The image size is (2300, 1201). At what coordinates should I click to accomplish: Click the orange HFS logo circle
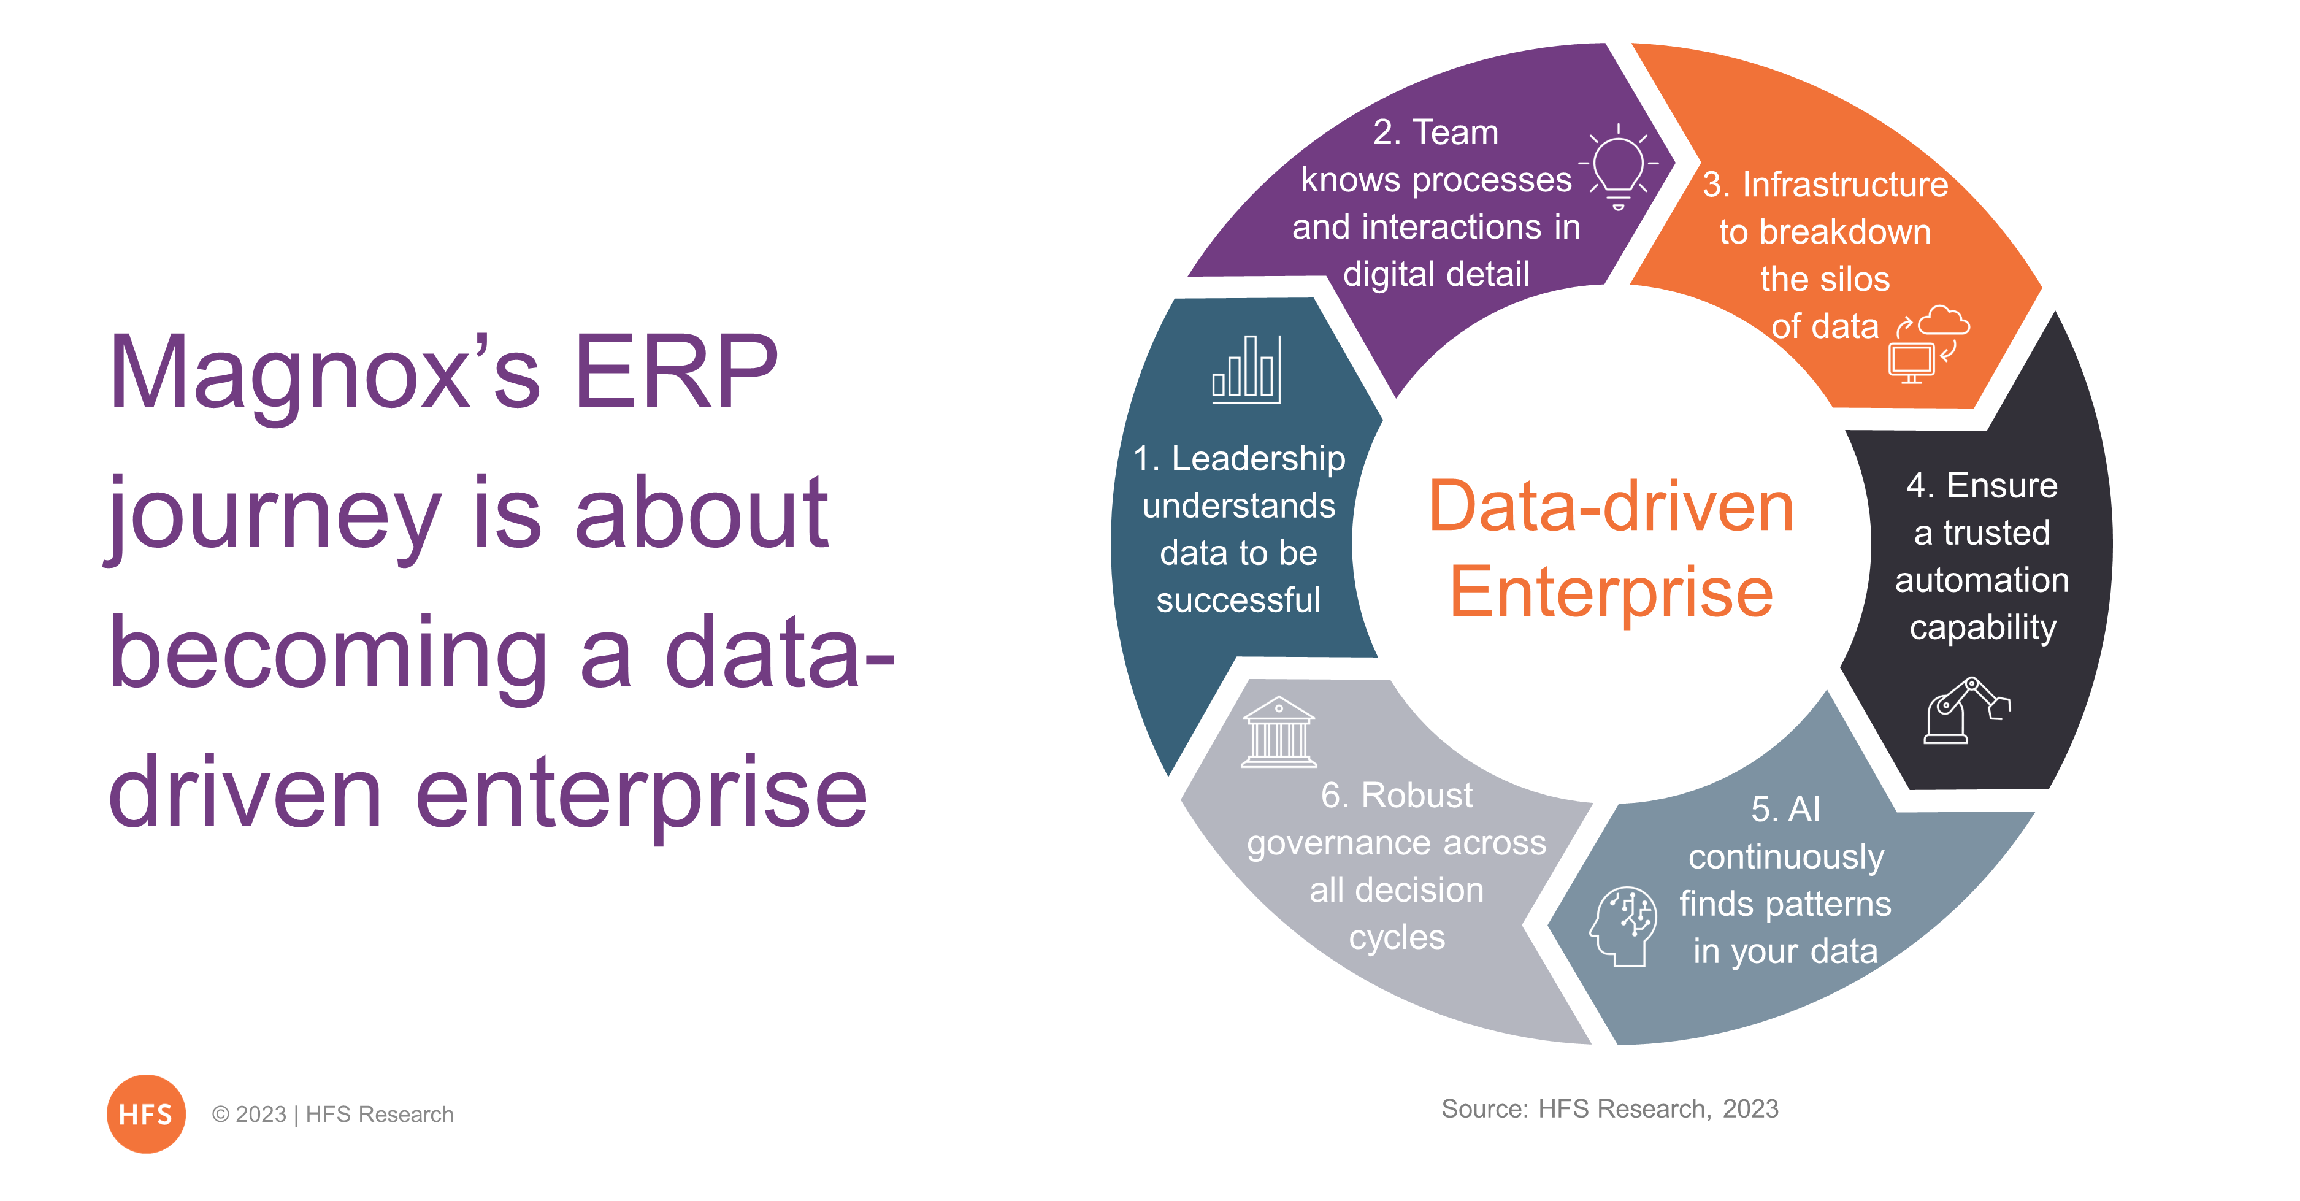click(x=145, y=1113)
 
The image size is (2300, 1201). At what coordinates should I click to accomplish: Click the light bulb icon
click(x=1618, y=167)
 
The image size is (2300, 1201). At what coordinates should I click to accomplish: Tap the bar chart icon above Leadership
click(x=1246, y=370)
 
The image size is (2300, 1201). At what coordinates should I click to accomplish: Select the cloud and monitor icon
click(x=1928, y=345)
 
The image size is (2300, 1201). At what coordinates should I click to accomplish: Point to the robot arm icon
click(x=1967, y=710)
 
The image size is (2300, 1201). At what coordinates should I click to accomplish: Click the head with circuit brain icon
click(x=1623, y=926)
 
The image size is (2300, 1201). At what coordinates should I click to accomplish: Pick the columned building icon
click(x=1279, y=732)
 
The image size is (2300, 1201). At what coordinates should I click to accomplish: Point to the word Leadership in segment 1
click(x=1258, y=459)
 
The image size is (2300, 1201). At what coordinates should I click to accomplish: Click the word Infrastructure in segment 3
click(x=1846, y=185)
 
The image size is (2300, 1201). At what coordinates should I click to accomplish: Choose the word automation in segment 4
click(x=1982, y=580)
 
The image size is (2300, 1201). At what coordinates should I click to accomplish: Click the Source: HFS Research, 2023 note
click(x=1610, y=1108)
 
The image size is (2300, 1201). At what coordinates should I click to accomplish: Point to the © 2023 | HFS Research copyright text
click(x=332, y=1115)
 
